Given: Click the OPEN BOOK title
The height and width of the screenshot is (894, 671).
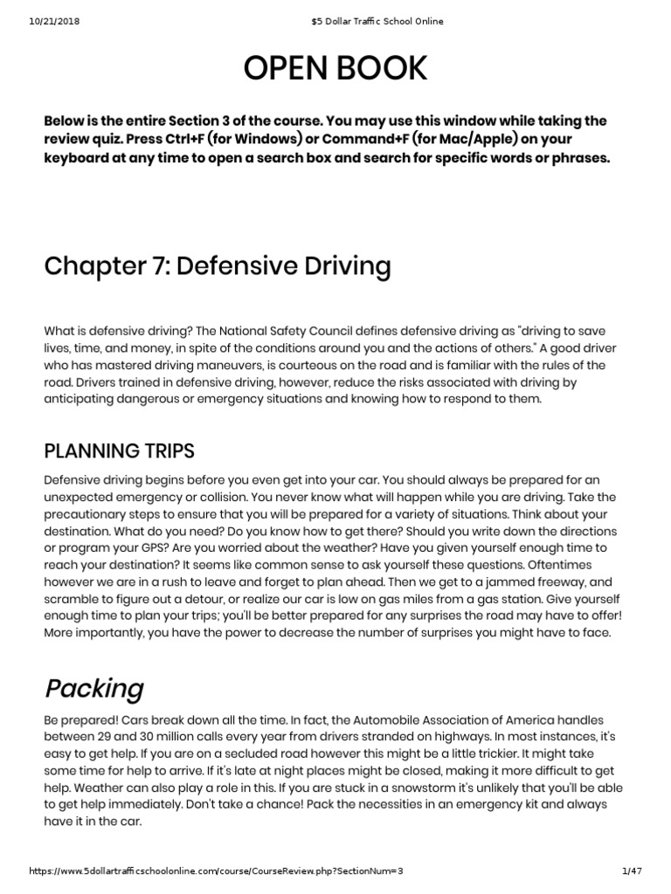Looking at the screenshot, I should click(x=335, y=68).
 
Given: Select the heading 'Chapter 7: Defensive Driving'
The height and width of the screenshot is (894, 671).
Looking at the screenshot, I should click(x=218, y=265).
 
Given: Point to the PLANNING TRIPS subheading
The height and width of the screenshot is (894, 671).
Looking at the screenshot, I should click(x=120, y=450).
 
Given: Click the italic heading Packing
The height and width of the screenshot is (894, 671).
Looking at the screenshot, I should click(x=93, y=688).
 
